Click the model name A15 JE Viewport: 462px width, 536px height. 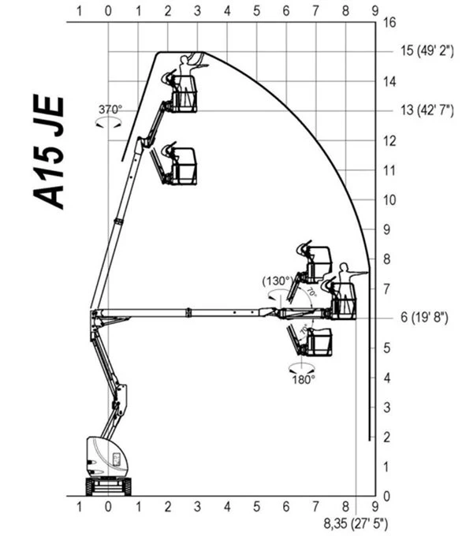(49, 152)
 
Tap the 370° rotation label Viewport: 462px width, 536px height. (110, 110)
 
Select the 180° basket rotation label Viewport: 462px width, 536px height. (303, 379)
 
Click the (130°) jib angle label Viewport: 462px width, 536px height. (278, 281)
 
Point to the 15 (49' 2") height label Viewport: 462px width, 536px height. (427, 50)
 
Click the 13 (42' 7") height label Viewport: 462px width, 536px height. (427, 110)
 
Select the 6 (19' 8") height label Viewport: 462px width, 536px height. (424, 317)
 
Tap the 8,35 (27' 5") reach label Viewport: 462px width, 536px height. (356, 523)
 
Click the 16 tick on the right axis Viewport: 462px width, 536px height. (389, 23)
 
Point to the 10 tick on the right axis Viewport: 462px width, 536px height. (389, 200)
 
